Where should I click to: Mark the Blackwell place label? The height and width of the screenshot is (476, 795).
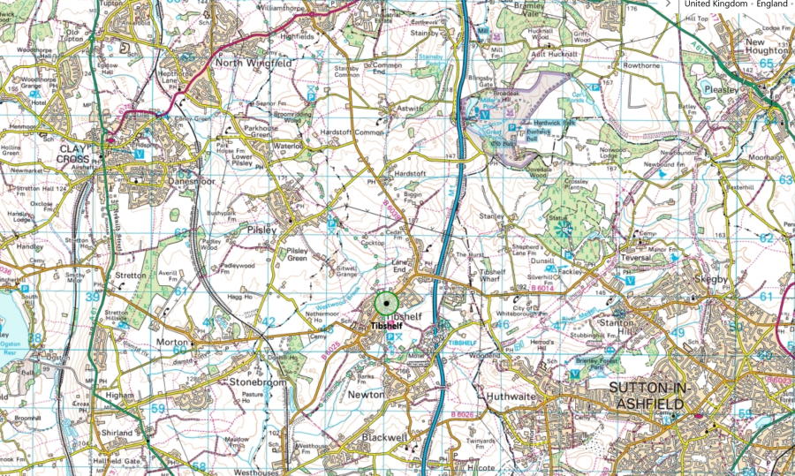[x=384, y=437]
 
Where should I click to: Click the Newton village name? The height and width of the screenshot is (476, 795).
[x=366, y=394]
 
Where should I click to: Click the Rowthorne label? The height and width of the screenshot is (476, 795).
[x=641, y=65]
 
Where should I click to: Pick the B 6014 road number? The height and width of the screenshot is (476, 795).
[x=544, y=289]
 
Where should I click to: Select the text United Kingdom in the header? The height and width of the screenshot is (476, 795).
[x=716, y=4]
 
